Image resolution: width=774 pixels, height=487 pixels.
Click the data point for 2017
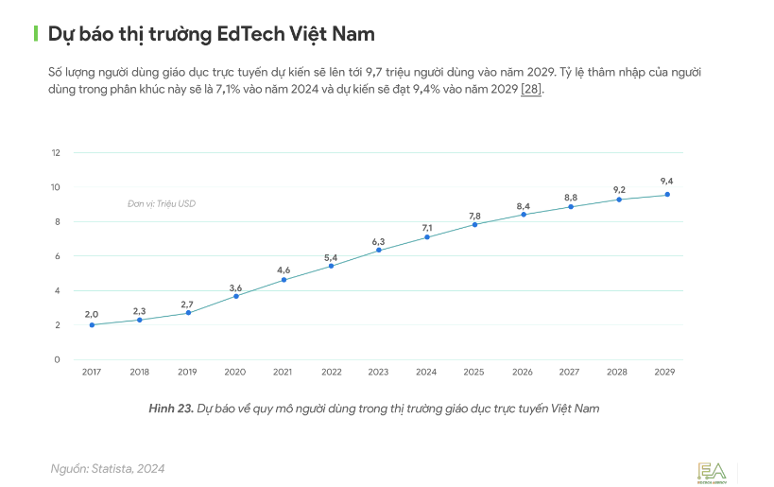(x=92, y=324)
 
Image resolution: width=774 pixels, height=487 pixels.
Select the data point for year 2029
(x=667, y=195)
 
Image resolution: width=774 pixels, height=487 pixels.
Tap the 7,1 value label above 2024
(x=427, y=227)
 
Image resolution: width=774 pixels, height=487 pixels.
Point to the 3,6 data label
(x=235, y=287)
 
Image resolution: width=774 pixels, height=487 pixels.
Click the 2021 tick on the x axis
(x=283, y=373)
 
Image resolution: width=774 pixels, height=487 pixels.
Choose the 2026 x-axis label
(x=523, y=373)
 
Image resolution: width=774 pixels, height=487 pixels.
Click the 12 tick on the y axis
(x=56, y=152)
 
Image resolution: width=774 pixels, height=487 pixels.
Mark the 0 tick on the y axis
(x=57, y=359)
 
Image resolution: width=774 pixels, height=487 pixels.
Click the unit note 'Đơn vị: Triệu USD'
(x=162, y=203)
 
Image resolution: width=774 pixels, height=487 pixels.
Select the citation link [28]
(x=531, y=88)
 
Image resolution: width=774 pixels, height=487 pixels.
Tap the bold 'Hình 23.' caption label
(x=171, y=409)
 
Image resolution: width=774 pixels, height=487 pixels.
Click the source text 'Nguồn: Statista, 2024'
(x=108, y=468)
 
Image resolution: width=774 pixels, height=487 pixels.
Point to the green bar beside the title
(x=36, y=34)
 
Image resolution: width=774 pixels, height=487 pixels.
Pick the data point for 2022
(x=331, y=266)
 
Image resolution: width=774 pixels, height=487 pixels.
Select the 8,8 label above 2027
(x=571, y=197)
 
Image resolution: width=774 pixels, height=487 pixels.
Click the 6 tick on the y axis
(x=57, y=255)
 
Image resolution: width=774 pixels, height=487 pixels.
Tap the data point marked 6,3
(x=379, y=250)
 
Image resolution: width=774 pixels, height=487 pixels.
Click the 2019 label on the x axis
(x=187, y=373)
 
